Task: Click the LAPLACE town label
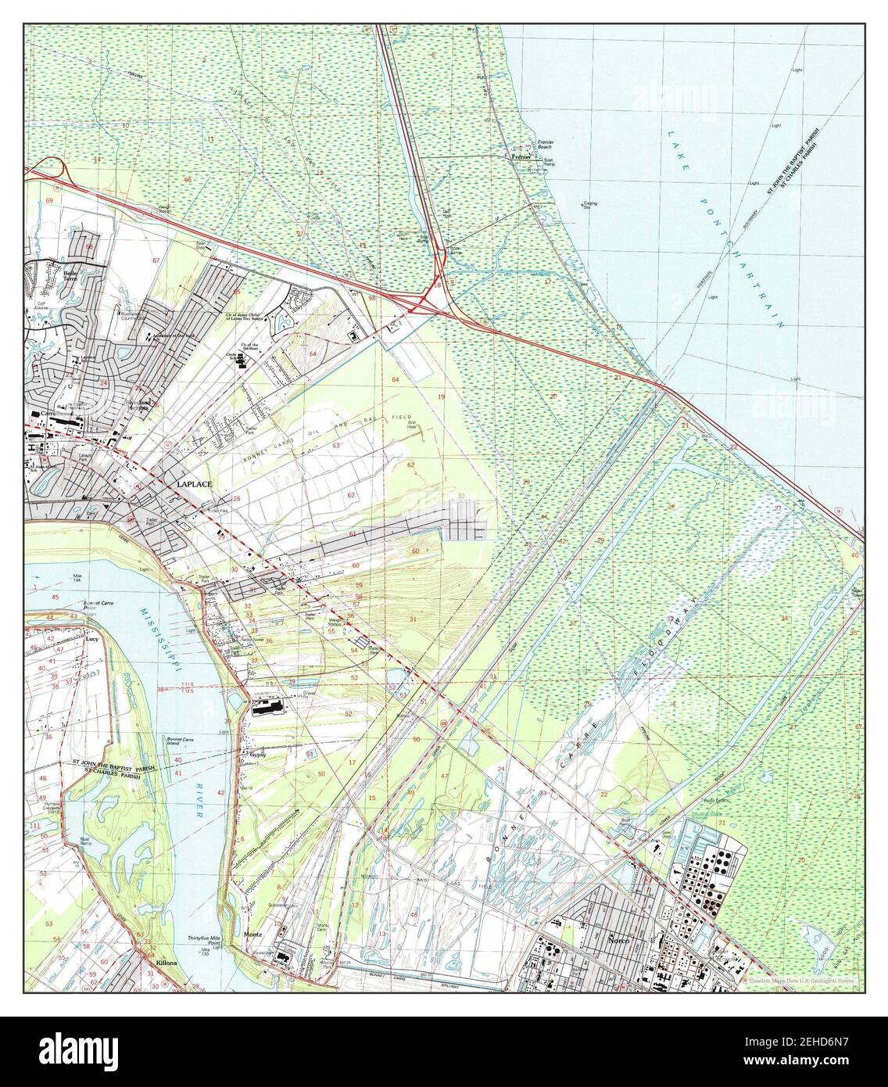coord(195,485)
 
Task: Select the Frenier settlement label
coord(521,156)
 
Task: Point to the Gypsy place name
coord(258,755)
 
